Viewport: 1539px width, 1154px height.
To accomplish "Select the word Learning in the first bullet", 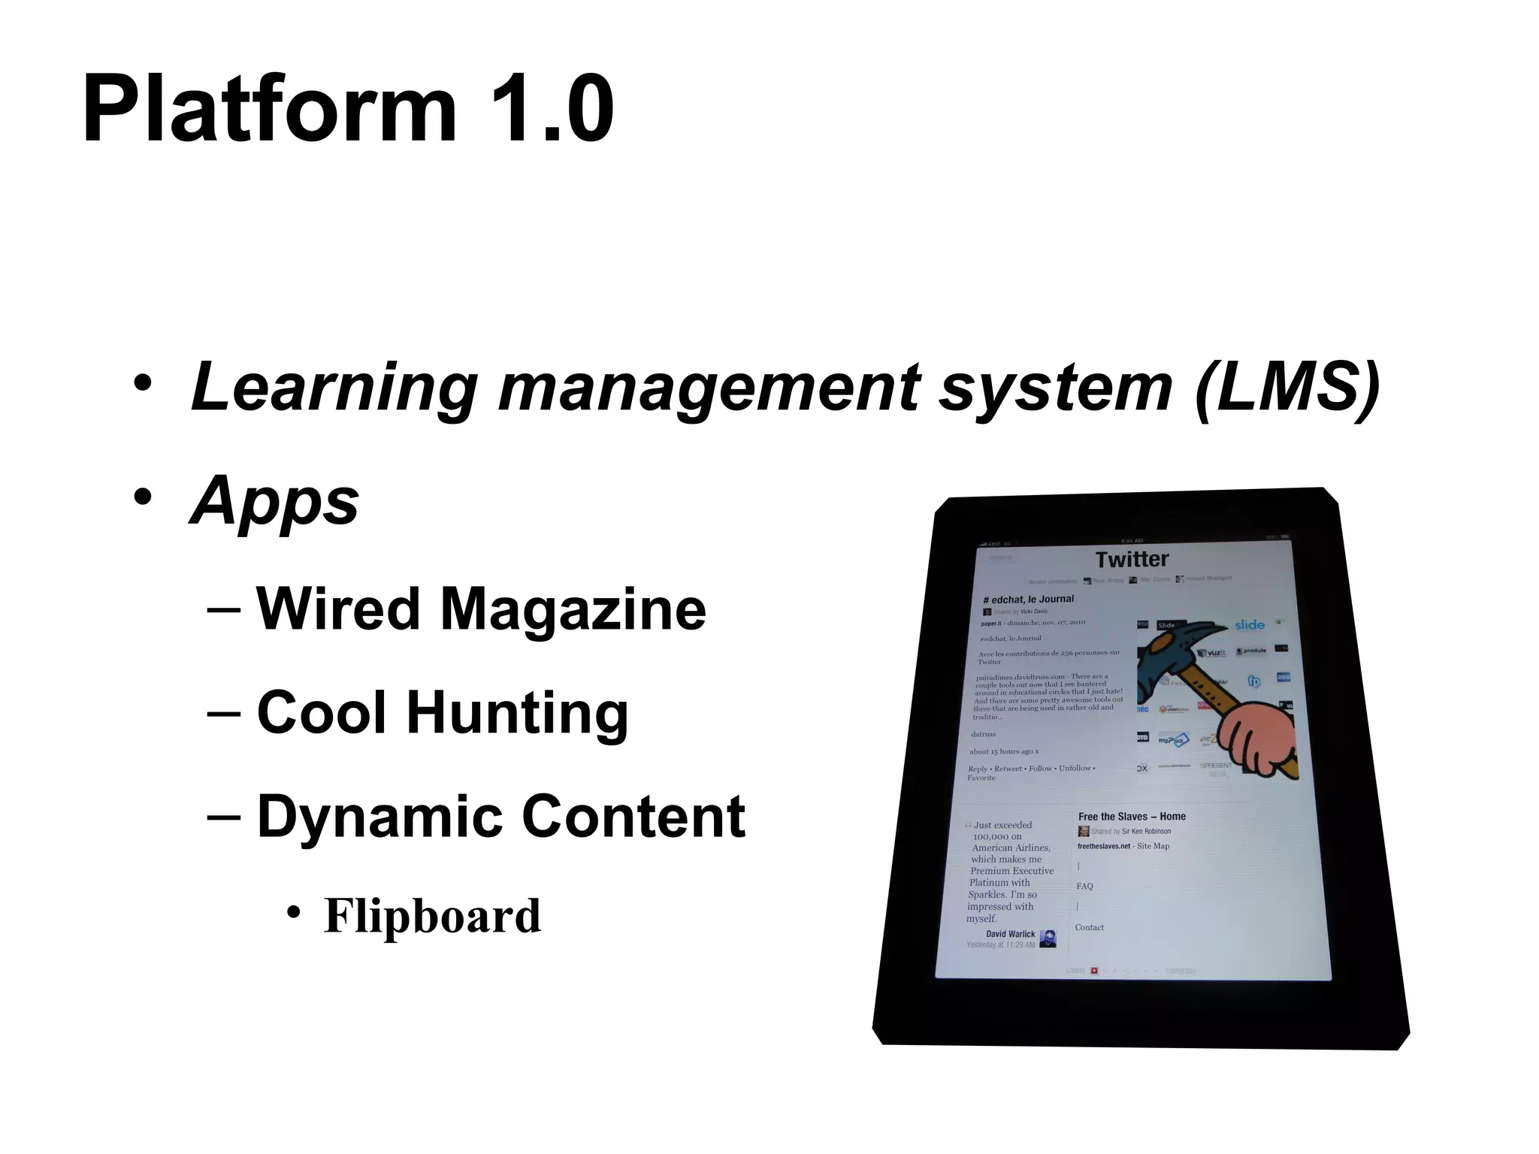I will [x=334, y=388].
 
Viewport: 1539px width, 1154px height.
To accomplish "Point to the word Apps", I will [x=275, y=502].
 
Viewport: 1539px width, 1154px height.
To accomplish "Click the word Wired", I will [x=338, y=609].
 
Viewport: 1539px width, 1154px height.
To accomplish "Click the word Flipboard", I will [x=432, y=916].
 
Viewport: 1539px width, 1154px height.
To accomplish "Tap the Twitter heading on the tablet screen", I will [x=1132, y=559].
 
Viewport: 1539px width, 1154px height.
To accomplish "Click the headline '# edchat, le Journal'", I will [x=1028, y=599].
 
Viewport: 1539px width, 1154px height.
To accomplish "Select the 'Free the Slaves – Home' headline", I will [x=1132, y=817].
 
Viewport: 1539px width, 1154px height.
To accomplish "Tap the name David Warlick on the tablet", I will [x=1010, y=934].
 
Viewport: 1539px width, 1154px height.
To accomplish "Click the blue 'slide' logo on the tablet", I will [x=1249, y=625].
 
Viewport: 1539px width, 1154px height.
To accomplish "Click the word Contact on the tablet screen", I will [x=1089, y=927].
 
